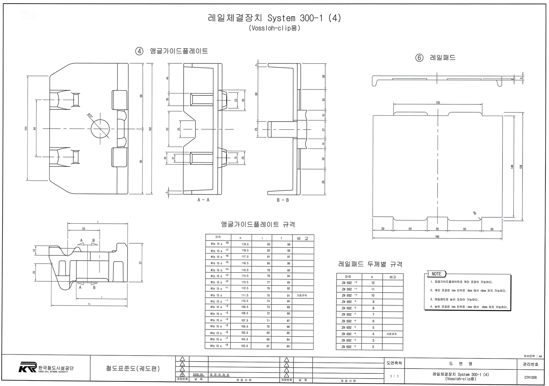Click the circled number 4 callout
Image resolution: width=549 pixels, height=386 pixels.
point(139,51)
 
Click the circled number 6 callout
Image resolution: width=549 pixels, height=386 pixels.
point(419,58)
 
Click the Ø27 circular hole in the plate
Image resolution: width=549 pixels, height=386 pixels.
point(100,129)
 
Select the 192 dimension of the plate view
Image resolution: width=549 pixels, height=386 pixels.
point(150,129)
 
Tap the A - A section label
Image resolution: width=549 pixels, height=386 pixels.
point(203,200)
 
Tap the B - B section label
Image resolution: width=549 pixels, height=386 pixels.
point(283,200)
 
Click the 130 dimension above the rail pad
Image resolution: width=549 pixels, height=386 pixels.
point(438,103)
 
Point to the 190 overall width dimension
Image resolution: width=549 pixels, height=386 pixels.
point(437,237)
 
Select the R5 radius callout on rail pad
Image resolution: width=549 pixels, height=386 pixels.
point(474,213)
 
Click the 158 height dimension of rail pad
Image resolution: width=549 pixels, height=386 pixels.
point(521,167)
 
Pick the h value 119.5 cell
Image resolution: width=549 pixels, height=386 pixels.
point(245,244)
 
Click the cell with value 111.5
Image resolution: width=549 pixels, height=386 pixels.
point(245,295)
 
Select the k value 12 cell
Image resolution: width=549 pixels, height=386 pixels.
point(373,283)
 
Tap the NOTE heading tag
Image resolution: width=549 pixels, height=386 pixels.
point(436,274)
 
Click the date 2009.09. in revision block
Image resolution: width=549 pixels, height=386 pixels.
point(198,375)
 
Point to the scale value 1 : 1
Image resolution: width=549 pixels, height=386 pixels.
point(394,376)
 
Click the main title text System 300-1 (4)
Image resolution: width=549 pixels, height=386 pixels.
point(274,18)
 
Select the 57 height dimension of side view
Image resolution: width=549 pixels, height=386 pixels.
point(140,263)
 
